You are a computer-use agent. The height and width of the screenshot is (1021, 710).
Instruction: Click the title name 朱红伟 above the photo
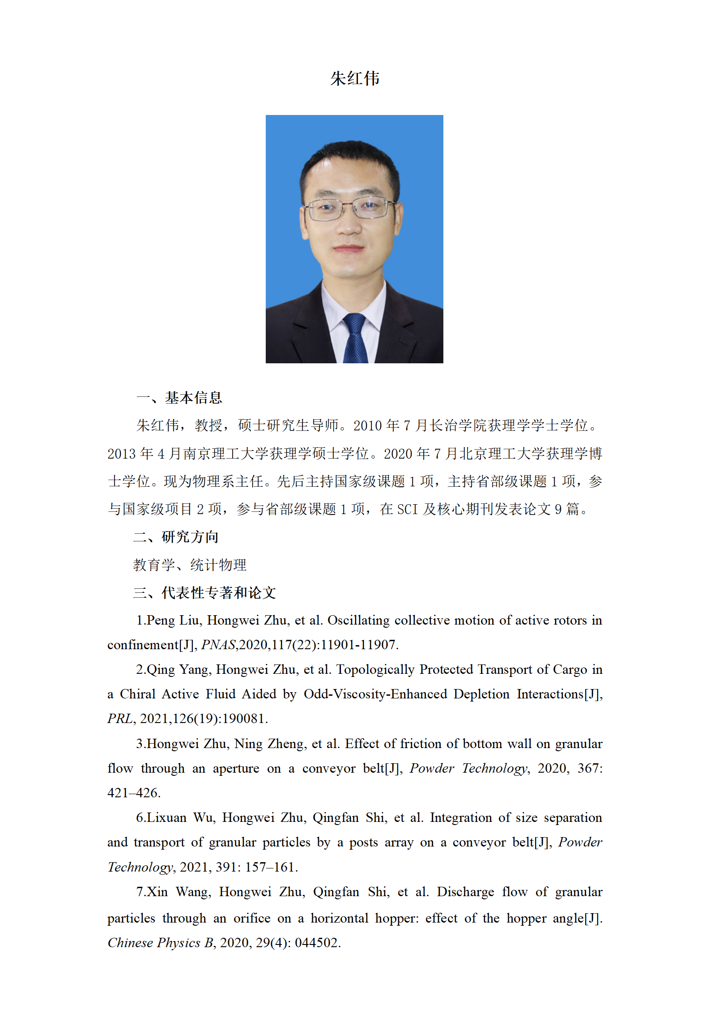355,79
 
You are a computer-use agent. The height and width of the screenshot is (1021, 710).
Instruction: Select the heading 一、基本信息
179,397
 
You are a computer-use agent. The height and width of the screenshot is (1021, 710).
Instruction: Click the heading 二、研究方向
176,536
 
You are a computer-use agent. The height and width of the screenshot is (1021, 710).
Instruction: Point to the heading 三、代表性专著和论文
204,592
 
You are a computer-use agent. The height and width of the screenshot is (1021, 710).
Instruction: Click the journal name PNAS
218,645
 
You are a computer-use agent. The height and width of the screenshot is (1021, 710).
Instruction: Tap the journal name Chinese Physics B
161,943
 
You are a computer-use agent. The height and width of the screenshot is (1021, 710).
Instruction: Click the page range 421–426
133,793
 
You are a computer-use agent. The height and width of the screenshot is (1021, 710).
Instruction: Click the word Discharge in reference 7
465,892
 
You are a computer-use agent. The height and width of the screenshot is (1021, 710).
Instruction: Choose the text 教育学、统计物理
190,565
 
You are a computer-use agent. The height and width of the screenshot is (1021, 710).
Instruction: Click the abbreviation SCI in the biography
407,509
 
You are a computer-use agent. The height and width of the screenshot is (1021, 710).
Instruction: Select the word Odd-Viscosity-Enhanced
375,694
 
